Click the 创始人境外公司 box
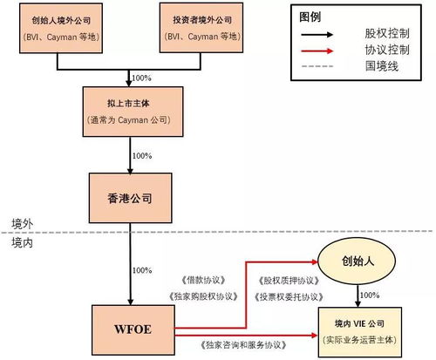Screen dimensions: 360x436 click(60, 28)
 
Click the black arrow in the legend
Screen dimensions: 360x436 click(328, 33)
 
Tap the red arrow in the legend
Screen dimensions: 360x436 click(328, 50)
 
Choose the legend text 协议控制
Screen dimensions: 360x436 click(390, 50)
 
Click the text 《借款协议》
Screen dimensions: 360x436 click(200, 281)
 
